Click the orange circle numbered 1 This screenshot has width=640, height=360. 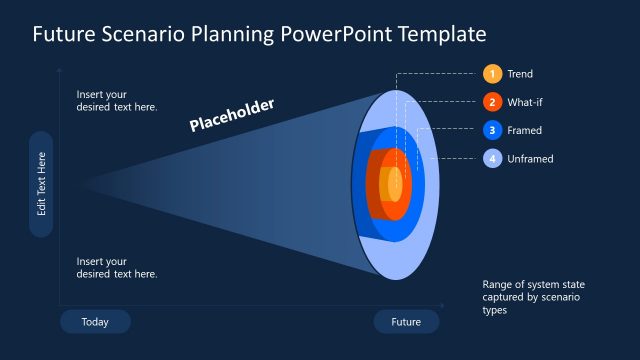pyautogui.click(x=492, y=74)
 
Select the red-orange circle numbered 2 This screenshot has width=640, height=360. pyautogui.click(x=492, y=102)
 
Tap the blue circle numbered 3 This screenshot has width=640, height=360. pyautogui.click(x=492, y=130)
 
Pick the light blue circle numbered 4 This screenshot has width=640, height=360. pyautogui.click(x=492, y=158)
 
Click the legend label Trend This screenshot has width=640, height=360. pyautogui.click(x=520, y=74)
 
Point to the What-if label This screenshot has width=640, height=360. pyautogui.click(x=525, y=102)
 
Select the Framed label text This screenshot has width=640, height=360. pyautogui.click(x=525, y=130)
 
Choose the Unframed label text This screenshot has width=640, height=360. pyautogui.click(x=530, y=158)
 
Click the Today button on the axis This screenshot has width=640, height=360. pyautogui.click(x=95, y=322)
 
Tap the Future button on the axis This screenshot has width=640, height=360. pyautogui.click(x=406, y=322)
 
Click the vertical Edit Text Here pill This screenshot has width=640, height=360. pyautogui.click(x=41, y=184)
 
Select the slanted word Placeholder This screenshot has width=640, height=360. pyautogui.click(x=232, y=115)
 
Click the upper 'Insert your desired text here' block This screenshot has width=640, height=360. pyautogui.click(x=117, y=100)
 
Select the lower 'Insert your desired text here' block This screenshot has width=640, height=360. pyautogui.click(x=117, y=267)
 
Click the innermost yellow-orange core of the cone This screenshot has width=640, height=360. pyautogui.click(x=395, y=184)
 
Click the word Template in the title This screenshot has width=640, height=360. pyautogui.click(x=442, y=34)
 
